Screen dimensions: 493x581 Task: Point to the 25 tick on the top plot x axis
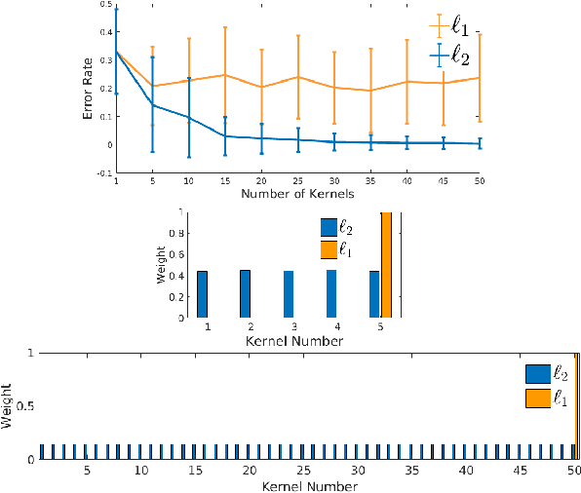click(x=296, y=182)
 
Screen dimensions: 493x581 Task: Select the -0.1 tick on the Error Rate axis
click(x=104, y=172)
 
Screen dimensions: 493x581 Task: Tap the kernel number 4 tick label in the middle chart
click(x=331, y=328)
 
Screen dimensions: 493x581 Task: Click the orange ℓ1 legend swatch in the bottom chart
click(x=538, y=398)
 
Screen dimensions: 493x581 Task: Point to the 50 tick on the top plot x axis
click(x=479, y=182)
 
